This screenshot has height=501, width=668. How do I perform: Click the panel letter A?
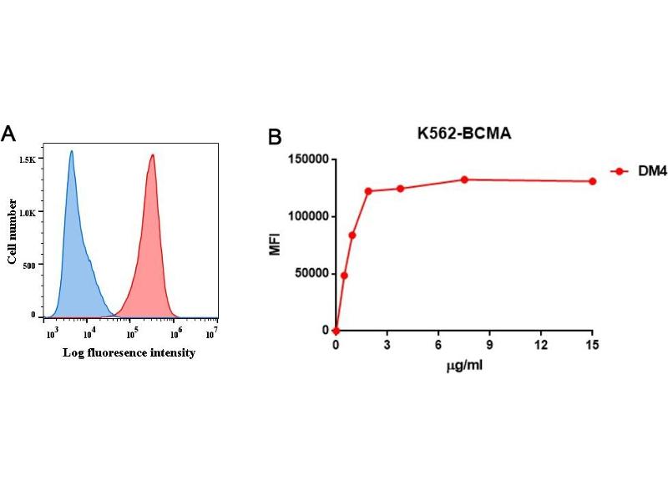point(9,134)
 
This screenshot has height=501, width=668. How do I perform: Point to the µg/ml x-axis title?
point(463,367)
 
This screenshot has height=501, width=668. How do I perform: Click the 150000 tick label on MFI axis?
point(304,159)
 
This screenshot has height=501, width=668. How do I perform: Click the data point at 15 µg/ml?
point(592,181)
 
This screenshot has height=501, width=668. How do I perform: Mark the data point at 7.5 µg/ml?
point(464,180)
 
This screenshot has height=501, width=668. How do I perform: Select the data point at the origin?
point(336,331)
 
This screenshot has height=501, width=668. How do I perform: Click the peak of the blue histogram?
point(72,152)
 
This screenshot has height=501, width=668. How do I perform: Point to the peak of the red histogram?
point(153,154)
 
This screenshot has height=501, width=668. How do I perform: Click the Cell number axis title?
point(13,231)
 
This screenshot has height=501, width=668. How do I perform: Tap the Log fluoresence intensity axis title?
point(129,353)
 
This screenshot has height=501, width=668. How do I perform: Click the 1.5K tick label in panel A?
point(28,159)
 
